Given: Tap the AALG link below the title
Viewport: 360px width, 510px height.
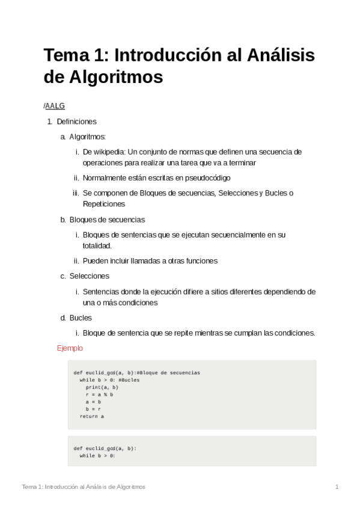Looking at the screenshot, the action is [x=55, y=106].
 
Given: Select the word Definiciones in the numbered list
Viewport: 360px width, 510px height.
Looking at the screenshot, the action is [x=76, y=121].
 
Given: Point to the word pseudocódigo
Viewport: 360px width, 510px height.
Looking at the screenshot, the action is [x=207, y=178].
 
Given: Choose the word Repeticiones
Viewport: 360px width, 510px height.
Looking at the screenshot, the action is [x=104, y=204].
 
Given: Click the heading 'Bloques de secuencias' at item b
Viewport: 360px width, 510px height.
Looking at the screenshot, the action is [x=107, y=220].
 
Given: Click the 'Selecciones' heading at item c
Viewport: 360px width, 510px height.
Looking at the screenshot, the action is [x=89, y=276].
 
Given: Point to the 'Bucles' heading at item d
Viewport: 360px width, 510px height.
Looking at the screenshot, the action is [x=81, y=318].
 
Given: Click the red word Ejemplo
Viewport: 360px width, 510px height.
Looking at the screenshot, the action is [x=70, y=348].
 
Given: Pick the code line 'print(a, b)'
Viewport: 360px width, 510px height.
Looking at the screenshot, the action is [x=102, y=387].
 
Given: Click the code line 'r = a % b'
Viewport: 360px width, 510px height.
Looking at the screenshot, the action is [x=99, y=395].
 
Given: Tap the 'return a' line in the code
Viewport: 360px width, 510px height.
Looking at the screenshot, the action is [x=91, y=416].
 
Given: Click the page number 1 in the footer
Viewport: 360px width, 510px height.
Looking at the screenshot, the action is [x=337, y=487].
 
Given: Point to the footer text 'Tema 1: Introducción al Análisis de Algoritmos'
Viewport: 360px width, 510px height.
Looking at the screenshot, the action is [x=83, y=487].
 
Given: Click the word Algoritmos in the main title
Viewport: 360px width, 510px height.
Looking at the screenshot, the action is [x=103, y=78].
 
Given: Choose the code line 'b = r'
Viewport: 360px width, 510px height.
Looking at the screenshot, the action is [x=93, y=409].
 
